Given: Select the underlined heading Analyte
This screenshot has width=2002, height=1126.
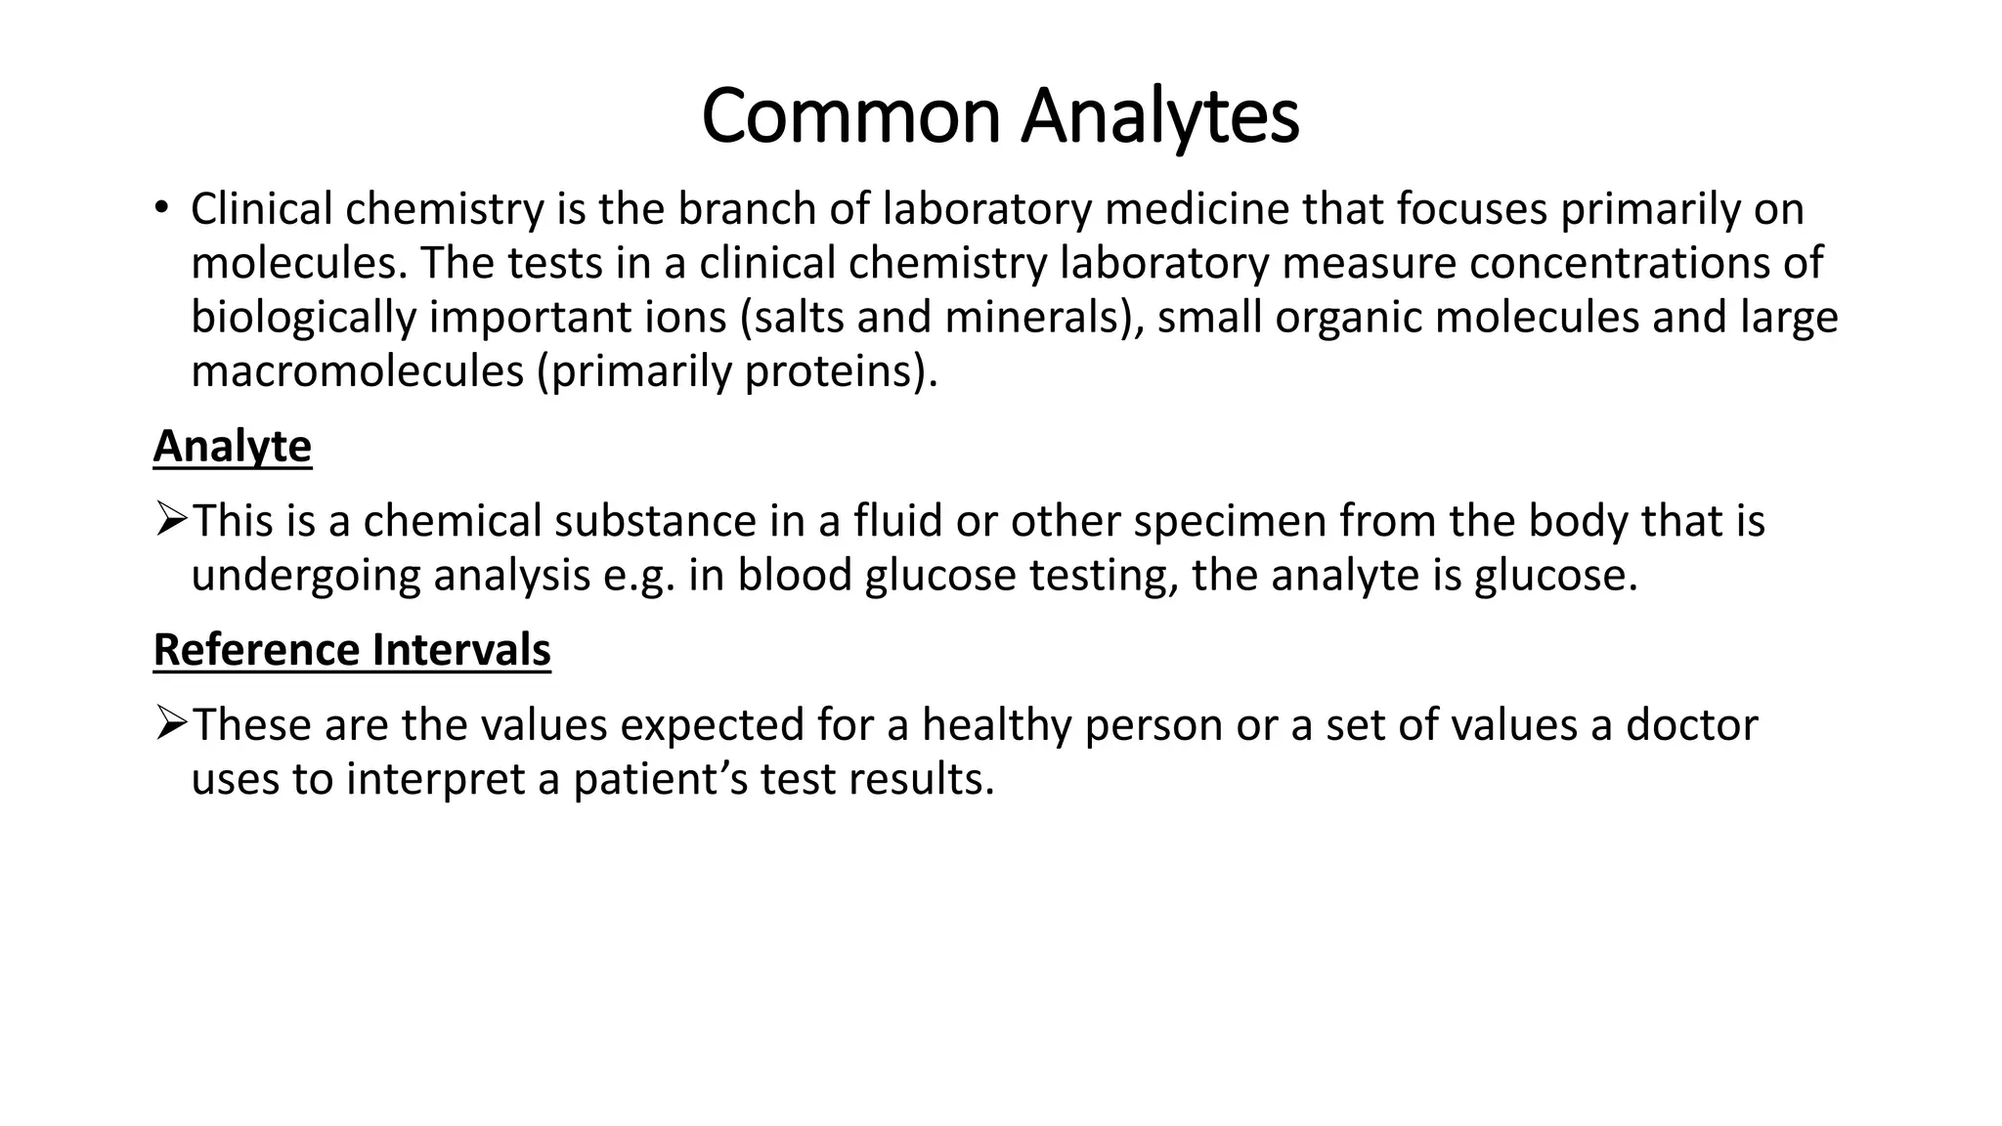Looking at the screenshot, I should (233, 447).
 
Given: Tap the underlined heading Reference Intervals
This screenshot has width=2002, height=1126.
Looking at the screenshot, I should (352, 650).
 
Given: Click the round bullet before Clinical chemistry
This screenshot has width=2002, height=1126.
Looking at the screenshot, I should (160, 206).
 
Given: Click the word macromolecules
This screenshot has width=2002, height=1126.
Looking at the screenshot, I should (357, 371).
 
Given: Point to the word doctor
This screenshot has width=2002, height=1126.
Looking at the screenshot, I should (1691, 725).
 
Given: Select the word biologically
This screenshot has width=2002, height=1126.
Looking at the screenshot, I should (303, 318).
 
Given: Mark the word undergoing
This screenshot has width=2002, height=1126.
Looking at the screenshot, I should (305, 576).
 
